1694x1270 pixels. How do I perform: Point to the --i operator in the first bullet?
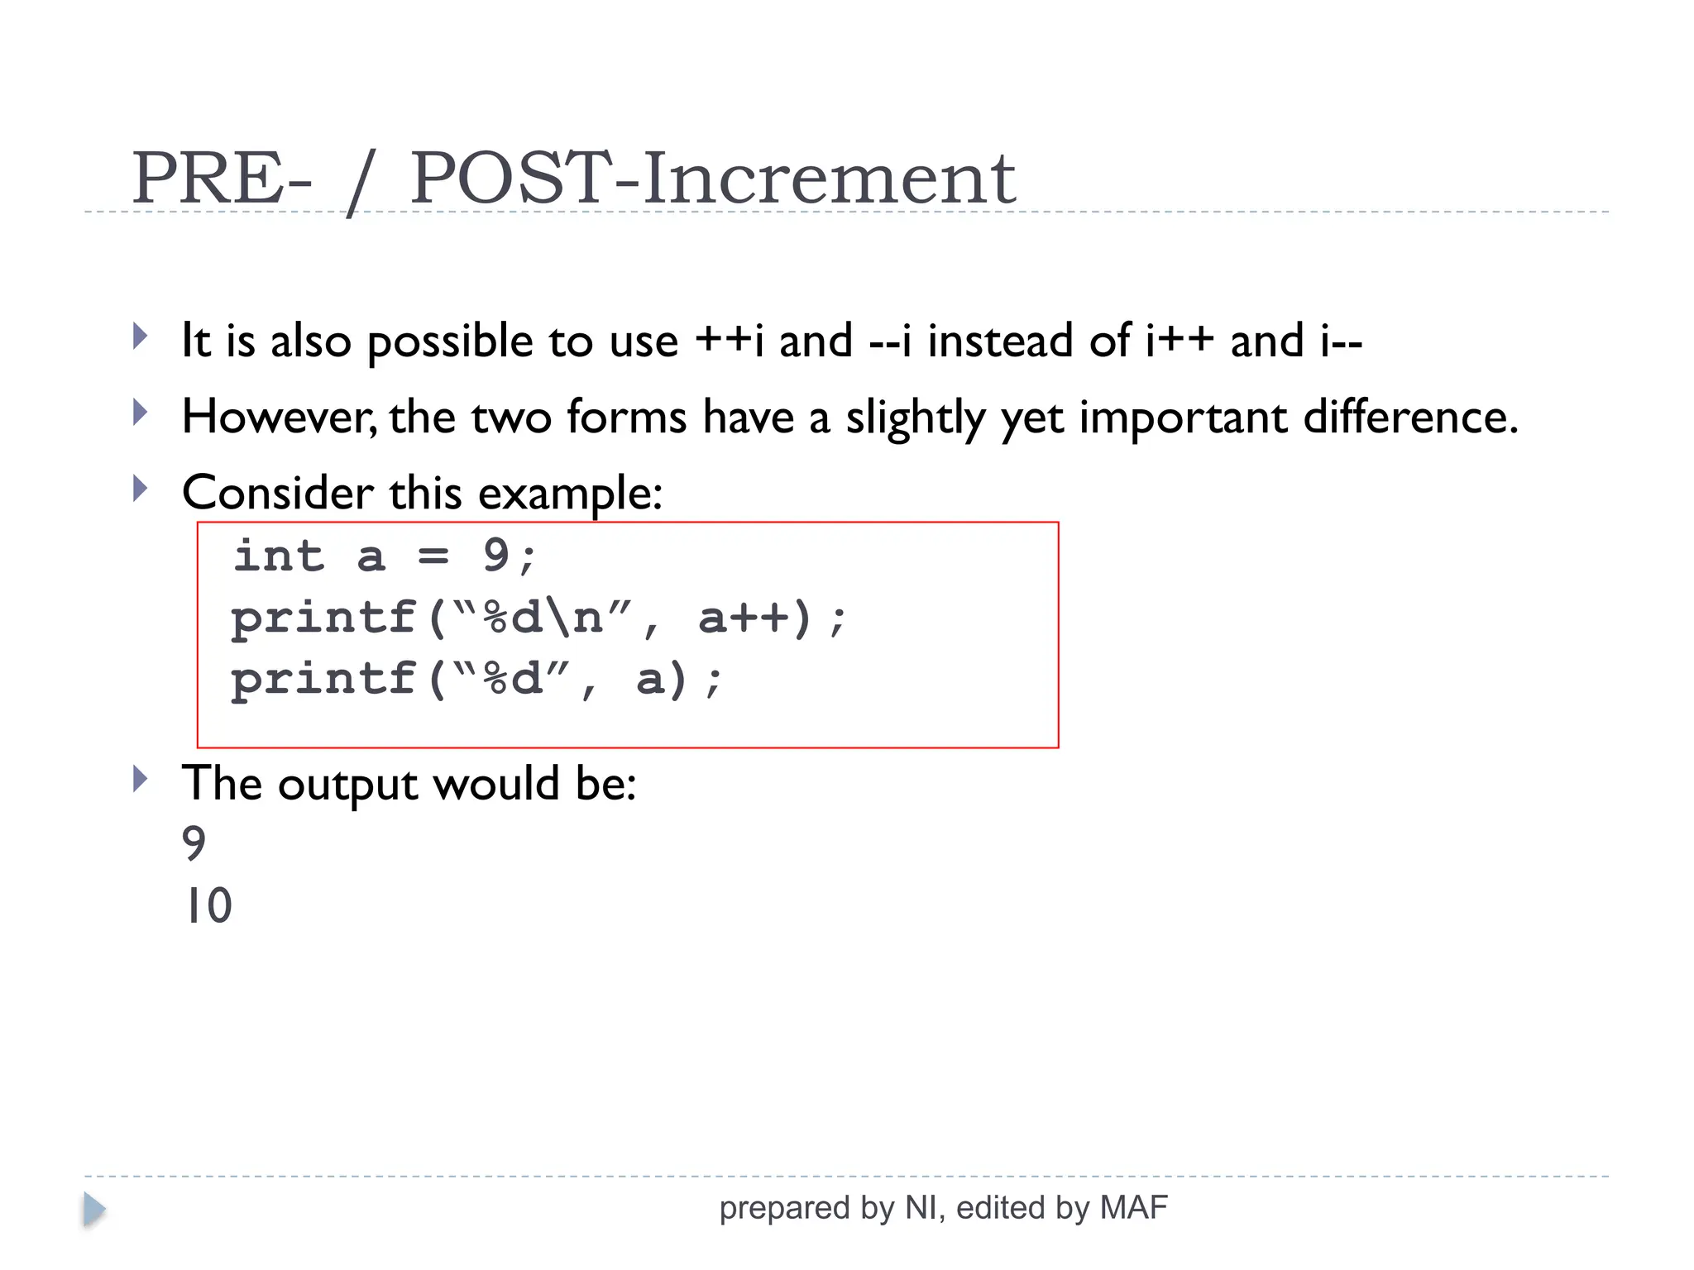890,341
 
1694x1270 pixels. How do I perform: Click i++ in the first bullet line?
1180,341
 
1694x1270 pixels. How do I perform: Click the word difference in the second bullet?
1410,417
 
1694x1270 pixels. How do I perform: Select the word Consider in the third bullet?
276,493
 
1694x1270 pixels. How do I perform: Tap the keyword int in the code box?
279,555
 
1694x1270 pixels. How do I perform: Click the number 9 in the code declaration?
495,555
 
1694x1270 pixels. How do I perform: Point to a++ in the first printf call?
744,618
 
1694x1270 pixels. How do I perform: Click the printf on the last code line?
323,680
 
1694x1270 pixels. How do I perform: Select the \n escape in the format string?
573,618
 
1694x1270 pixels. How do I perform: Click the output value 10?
207,906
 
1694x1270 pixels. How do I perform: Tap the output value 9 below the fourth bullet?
194,844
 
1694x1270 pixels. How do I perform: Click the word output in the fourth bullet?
347,784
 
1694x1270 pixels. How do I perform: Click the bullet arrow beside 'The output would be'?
140,779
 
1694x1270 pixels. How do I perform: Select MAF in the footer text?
1133,1208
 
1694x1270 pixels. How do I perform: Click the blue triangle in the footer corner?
94,1210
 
